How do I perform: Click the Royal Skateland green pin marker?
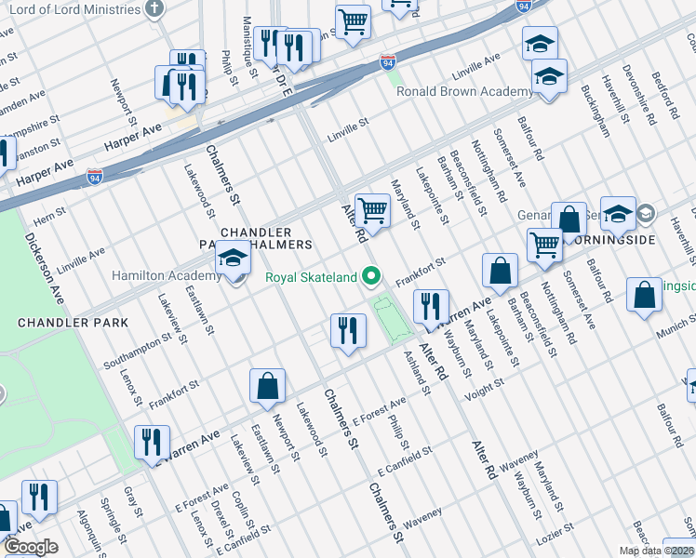[372, 275]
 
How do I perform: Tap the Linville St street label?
[348, 136]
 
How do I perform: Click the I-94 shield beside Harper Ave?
[95, 174]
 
